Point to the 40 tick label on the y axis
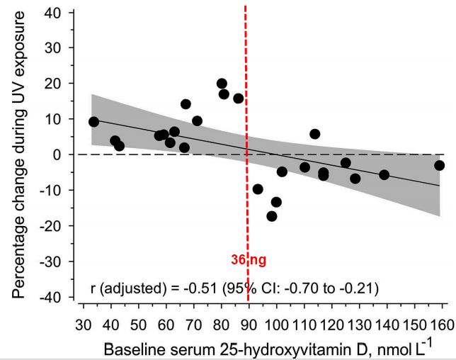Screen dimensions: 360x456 [x=58, y=13]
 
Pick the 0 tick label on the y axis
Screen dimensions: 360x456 [x=62, y=154]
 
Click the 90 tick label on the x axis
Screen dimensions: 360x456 [x=249, y=325]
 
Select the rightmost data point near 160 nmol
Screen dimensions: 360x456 [x=439, y=165]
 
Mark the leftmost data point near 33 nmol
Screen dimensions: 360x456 [x=93, y=122]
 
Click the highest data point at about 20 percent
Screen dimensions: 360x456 [x=222, y=84]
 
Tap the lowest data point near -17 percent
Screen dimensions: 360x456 [x=271, y=216]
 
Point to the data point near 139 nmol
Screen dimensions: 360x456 [x=384, y=174]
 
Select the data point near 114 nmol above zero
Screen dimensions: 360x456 [x=315, y=134]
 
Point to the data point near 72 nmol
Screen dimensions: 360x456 [x=197, y=121]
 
